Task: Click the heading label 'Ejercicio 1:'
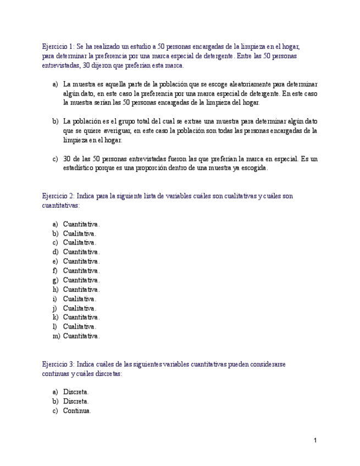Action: (x=58, y=47)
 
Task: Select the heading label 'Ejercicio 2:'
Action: (x=58, y=196)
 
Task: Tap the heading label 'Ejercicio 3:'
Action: (x=58, y=364)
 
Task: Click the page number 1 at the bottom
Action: (x=315, y=440)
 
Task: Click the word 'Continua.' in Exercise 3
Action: (x=77, y=410)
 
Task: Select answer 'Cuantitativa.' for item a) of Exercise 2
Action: (x=81, y=224)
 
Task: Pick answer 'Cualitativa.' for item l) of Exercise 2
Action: (x=80, y=326)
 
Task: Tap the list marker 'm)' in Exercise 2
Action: (x=56, y=336)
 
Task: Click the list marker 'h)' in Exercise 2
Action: (x=56, y=289)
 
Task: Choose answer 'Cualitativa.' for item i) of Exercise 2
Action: (x=80, y=298)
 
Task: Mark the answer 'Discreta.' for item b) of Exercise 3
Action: (x=76, y=401)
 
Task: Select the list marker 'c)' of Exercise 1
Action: (x=56, y=159)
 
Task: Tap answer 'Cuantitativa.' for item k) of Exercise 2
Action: (x=81, y=317)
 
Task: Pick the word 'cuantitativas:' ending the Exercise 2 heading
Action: (x=61, y=205)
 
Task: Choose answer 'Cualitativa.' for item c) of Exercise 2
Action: (x=80, y=242)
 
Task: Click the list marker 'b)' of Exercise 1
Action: (x=56, y=121)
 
